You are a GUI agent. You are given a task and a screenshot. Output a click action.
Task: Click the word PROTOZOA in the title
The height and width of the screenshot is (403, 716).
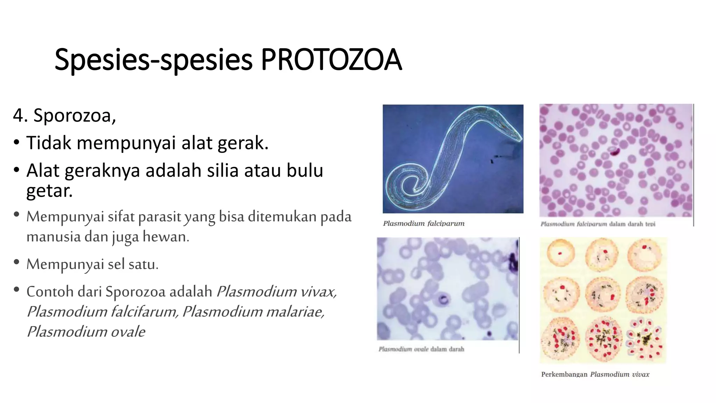pos(331,59)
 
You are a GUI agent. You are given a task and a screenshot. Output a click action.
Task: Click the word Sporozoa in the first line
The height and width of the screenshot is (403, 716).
pos(74,115)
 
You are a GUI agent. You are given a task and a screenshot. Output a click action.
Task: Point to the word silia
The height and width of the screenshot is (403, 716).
pos(221,171)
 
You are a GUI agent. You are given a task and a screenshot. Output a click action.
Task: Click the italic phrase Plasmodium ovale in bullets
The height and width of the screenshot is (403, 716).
pos(86,332)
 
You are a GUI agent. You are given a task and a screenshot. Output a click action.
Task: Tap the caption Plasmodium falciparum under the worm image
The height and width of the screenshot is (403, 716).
pos(424,223)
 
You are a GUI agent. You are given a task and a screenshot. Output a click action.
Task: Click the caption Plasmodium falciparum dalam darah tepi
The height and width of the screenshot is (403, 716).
pos(598,224)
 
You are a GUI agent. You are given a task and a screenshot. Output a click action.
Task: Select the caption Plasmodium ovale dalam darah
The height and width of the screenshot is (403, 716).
pos(421,349)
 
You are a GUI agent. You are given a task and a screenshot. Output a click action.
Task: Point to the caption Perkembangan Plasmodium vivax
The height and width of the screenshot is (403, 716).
pos(595,374)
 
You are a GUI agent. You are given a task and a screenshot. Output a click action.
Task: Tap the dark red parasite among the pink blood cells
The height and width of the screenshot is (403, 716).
pos(614,151)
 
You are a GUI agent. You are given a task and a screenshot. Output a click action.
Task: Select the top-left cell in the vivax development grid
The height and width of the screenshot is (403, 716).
pos(560,253)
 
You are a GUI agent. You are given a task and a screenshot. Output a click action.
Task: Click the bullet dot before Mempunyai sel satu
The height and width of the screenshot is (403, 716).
pos(16,262)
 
